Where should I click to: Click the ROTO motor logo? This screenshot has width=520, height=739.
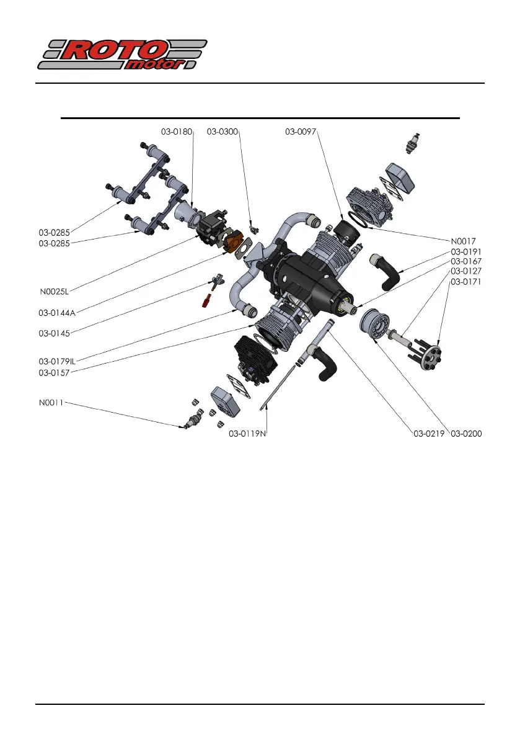pos(122,55)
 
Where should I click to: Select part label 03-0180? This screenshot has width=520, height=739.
pos(177,132)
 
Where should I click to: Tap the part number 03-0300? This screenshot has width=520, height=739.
pos(222,132)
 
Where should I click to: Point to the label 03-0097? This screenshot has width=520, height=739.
pos(301,132)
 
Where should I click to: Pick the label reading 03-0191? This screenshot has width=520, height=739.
pos(466,252)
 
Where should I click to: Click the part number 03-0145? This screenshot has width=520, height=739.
pos(54,333)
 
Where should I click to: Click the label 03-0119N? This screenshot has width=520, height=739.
pos(247,433)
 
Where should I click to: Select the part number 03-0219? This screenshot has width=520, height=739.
pos(430,433)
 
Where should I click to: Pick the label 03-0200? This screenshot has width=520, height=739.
pos(466,433)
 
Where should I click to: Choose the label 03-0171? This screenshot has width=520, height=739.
pos(466,282)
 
